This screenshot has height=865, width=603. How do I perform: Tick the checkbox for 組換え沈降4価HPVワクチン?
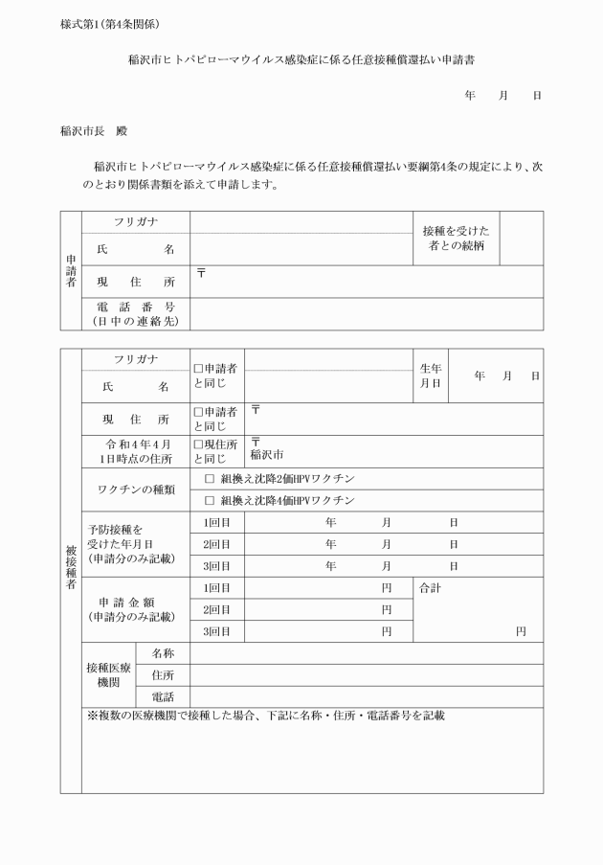[209, 500]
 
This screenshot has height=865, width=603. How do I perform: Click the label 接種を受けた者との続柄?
[456, 239]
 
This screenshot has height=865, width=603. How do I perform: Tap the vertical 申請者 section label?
[70, 270]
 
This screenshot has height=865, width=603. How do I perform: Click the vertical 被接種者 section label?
[70, 570]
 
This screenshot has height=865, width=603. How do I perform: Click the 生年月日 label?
[430, 376]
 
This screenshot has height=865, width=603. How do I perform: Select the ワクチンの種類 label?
[136, 489]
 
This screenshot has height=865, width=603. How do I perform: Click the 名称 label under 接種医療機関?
[163, 653]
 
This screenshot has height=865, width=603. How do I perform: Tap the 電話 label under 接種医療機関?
[163, 696]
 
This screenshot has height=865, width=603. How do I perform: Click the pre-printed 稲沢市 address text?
[267, 455]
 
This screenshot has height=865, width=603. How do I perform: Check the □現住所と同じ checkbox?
[198, 444]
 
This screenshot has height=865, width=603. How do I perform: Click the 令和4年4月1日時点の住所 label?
[136, 451]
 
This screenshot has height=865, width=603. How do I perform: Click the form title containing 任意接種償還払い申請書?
[302, 59]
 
